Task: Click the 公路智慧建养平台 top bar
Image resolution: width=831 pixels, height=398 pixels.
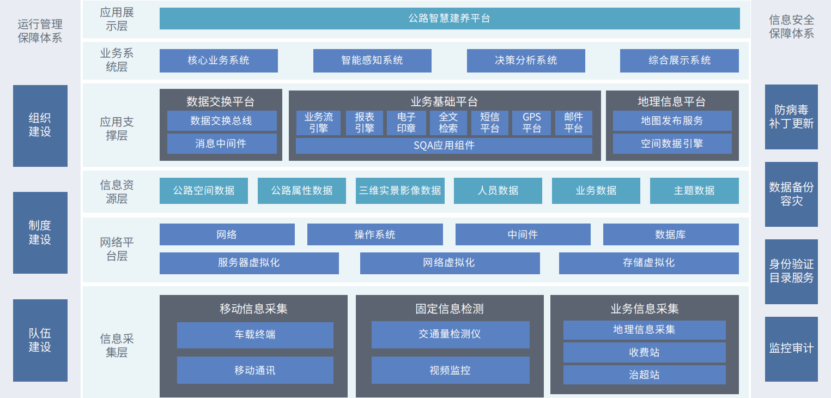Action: coord(450,19)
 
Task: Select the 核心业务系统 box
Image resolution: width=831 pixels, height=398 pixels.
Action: coord(219,61)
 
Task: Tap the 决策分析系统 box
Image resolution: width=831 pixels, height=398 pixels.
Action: coord(526,61)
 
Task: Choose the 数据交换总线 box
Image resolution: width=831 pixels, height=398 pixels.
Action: coord(221,120)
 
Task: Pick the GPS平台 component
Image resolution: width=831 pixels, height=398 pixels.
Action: coord(532,123)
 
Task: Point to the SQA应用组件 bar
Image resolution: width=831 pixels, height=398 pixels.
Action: coord(444,146)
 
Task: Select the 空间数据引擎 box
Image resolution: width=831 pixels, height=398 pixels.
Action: coord(672,143)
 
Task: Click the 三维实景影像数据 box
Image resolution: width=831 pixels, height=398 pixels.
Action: coord(400,191)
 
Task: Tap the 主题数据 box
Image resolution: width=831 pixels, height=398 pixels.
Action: coord(694,191)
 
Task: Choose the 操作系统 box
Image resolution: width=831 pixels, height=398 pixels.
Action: coord(375,234)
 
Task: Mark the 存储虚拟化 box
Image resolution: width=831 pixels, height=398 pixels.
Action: coord(648,263)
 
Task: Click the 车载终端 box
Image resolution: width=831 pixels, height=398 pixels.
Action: coord(255,335)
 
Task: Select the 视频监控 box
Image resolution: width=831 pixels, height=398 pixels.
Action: coord(450,370)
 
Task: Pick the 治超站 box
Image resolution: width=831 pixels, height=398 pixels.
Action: coord(644,375)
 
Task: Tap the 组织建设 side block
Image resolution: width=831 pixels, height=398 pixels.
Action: coord(40,125)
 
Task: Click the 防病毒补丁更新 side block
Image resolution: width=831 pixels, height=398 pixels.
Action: coord(791,117)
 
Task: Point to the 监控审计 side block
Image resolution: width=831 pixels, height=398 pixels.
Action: coord(791,349)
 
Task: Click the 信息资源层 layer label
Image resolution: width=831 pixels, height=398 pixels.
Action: coord(117,192)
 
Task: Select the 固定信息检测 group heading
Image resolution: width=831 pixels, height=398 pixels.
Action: coord(450,309)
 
